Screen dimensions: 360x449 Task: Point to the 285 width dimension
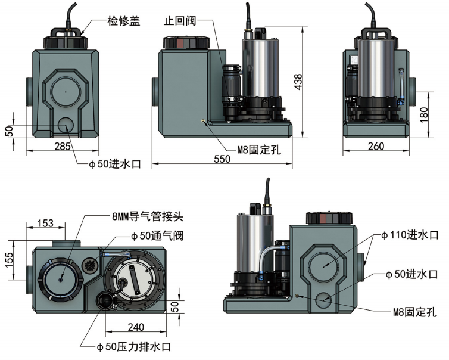click(x=63, y=146)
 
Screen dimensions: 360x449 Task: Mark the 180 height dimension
click(x=423, y=113)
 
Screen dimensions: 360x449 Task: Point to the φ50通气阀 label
click(x=158, y=235)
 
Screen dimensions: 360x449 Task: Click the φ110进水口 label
click(x=412, y=235)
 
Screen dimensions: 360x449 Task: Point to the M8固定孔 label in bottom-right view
click(x=414, y=311)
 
